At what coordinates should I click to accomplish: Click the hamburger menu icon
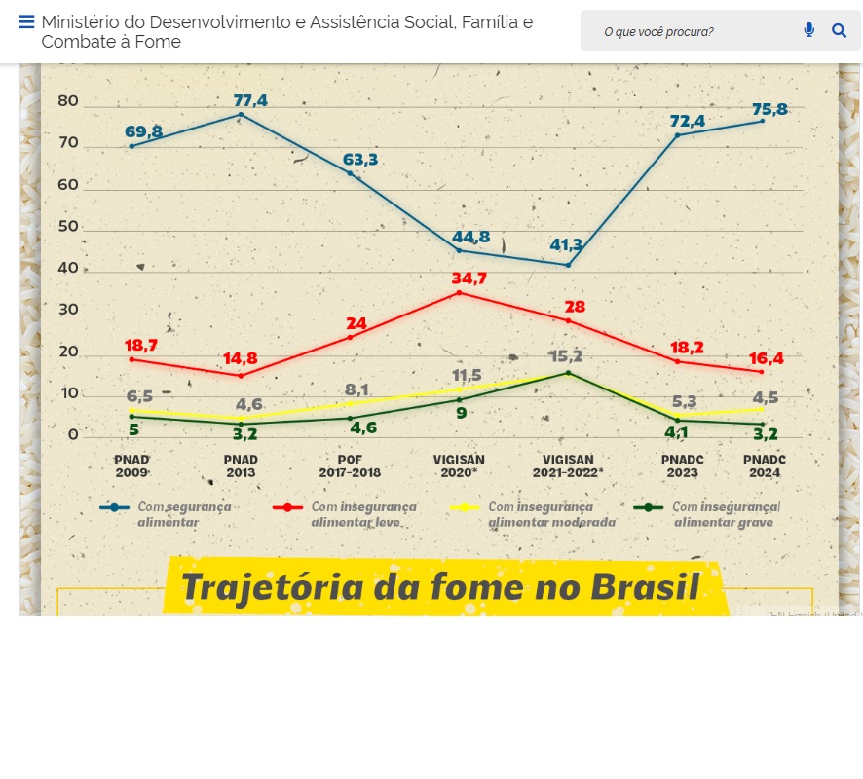tap(26, 22)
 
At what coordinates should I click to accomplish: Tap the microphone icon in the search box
tap(808, 30)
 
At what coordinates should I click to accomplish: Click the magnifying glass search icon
tap(839, 30)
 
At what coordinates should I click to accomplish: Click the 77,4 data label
tap(250, 100)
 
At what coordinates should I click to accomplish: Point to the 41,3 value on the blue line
tap(566, 244)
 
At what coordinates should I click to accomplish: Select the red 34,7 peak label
tap(469, 278)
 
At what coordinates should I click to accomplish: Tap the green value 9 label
tap(461, 413)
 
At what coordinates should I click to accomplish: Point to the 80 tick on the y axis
tap(68, 101)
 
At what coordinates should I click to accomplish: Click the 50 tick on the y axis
tap(68, 227)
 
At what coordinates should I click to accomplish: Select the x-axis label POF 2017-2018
tap(350, 465)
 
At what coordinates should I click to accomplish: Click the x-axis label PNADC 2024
tap(764, 465)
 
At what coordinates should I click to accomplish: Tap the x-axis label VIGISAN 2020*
tap(459, 465)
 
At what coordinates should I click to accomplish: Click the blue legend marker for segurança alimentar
tap(114, 507)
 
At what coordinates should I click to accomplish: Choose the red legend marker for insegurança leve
tap(287, 507)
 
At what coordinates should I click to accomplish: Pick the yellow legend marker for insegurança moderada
tap(466, 507)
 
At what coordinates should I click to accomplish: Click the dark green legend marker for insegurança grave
tap(649, 507)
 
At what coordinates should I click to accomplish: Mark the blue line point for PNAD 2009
tap(131, 146)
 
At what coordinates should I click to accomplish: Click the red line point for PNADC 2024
tap(762, 372)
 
